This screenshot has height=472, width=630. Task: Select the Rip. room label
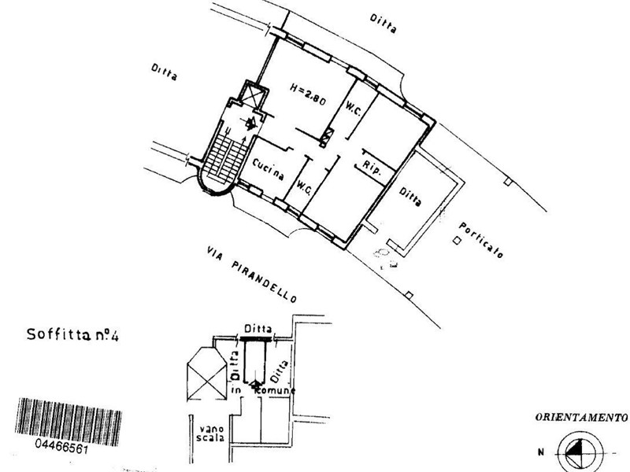pyautogui.click(x=372, y=167)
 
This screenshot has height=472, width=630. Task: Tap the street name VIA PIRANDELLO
pyautogui.click(x=250, y=273)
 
